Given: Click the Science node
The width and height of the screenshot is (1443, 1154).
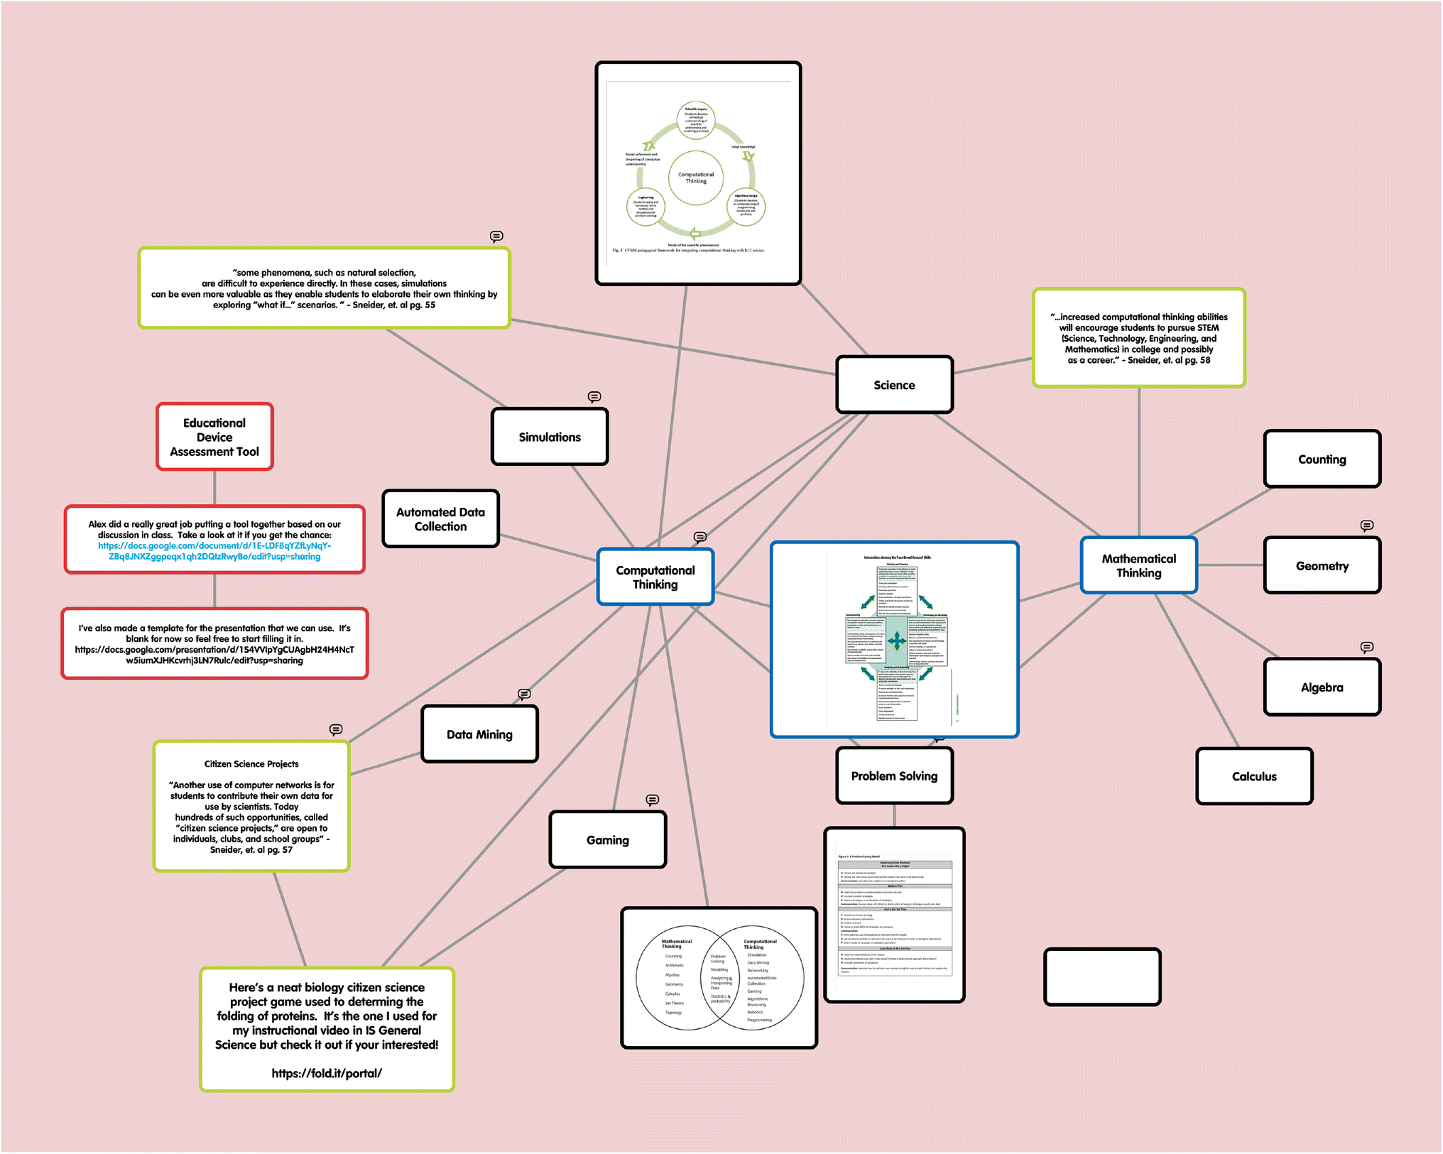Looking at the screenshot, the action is pos(894,385).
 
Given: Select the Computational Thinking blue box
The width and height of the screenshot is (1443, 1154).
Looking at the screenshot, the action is pos(655,577).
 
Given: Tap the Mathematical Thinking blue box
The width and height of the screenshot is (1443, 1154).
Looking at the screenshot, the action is pos(1138,566).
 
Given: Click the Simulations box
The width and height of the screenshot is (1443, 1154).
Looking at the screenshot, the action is pos(550,437).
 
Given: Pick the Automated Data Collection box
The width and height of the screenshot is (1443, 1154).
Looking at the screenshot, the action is pos(440,519).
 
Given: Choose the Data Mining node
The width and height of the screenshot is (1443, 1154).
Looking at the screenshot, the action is pos(479,734).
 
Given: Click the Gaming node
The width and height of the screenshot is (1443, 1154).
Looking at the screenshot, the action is pos(608,840).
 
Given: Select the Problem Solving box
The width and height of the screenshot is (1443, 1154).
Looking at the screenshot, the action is pos(894,776).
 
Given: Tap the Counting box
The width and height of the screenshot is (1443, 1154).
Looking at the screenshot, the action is pos(1322,459).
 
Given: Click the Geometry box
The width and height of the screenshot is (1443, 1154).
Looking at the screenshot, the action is pos(1322,566).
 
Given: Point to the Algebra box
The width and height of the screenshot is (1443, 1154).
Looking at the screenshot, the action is pos(1322,687).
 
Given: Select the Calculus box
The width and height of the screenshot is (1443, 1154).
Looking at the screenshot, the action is pos(1254,776).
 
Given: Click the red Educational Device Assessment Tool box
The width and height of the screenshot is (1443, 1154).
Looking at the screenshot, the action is pos(214,437).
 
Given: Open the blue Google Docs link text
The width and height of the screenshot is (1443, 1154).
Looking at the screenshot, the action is pos(214,551).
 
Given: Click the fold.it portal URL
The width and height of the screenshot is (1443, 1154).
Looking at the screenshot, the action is pos(327,1073).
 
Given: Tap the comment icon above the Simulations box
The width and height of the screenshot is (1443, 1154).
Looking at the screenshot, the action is pos(594,396).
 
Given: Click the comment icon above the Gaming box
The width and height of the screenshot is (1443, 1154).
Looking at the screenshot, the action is pos(652,800).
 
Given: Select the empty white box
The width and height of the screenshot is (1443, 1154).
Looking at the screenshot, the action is pos(1102,977).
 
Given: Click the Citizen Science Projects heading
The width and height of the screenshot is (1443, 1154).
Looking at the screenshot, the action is pos(251,764).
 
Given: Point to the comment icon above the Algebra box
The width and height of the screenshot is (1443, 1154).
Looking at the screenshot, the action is pos(1366,647).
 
